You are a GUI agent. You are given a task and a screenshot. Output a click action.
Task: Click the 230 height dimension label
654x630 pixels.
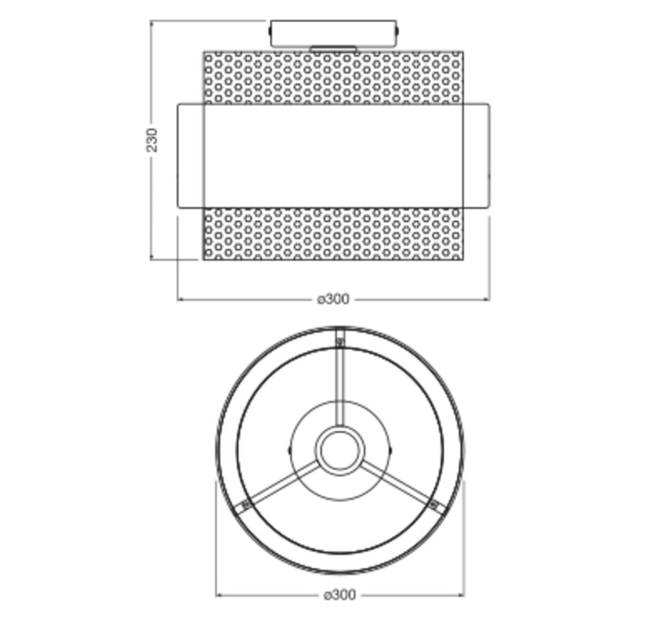[x=152, y=140]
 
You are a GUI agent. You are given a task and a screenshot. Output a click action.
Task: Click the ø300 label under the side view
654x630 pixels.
[x=333, y=299]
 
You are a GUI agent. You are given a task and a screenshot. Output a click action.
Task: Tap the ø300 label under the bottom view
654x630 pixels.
[x=340, y=595]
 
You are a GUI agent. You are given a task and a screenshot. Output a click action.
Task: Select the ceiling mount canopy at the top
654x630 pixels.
[x=334, y=33]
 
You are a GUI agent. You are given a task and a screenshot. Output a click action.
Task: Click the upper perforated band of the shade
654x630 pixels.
[x=334, y=77]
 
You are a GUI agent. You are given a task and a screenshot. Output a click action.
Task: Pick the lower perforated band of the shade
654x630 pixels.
[x=334, y=234]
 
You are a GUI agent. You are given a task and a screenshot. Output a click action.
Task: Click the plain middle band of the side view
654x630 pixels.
[x=334, y=156]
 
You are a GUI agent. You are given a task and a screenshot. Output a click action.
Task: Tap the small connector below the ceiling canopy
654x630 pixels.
[x=333, y=49]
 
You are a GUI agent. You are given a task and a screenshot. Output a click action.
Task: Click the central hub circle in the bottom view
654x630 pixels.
[x=340, y=451]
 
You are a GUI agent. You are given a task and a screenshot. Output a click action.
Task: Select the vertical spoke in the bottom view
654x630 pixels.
[x=340, y=377]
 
